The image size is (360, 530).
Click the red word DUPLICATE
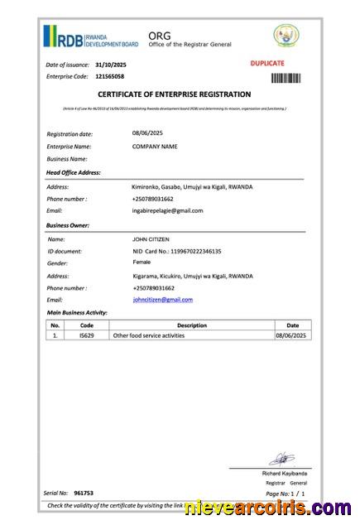tap(266, 63)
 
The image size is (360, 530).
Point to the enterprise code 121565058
tap(109, 76)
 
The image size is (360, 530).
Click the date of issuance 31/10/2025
tap(111, 64)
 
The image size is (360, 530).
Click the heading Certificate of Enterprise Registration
tap(174, 95)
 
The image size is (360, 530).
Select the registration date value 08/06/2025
tap(148, 132)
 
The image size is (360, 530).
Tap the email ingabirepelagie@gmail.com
tap(167, 210)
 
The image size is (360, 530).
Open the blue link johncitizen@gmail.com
tap(162, 299)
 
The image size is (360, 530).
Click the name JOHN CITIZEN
tap(150, 238)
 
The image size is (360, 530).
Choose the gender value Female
tap(142, 263)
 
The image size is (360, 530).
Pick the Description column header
tap(191, 325)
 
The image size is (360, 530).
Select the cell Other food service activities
tap(148, 335)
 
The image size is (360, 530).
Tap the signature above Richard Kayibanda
tap(281, 457)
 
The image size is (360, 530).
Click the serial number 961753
tap(84, 493)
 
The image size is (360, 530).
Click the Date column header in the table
tap(292, 325)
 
